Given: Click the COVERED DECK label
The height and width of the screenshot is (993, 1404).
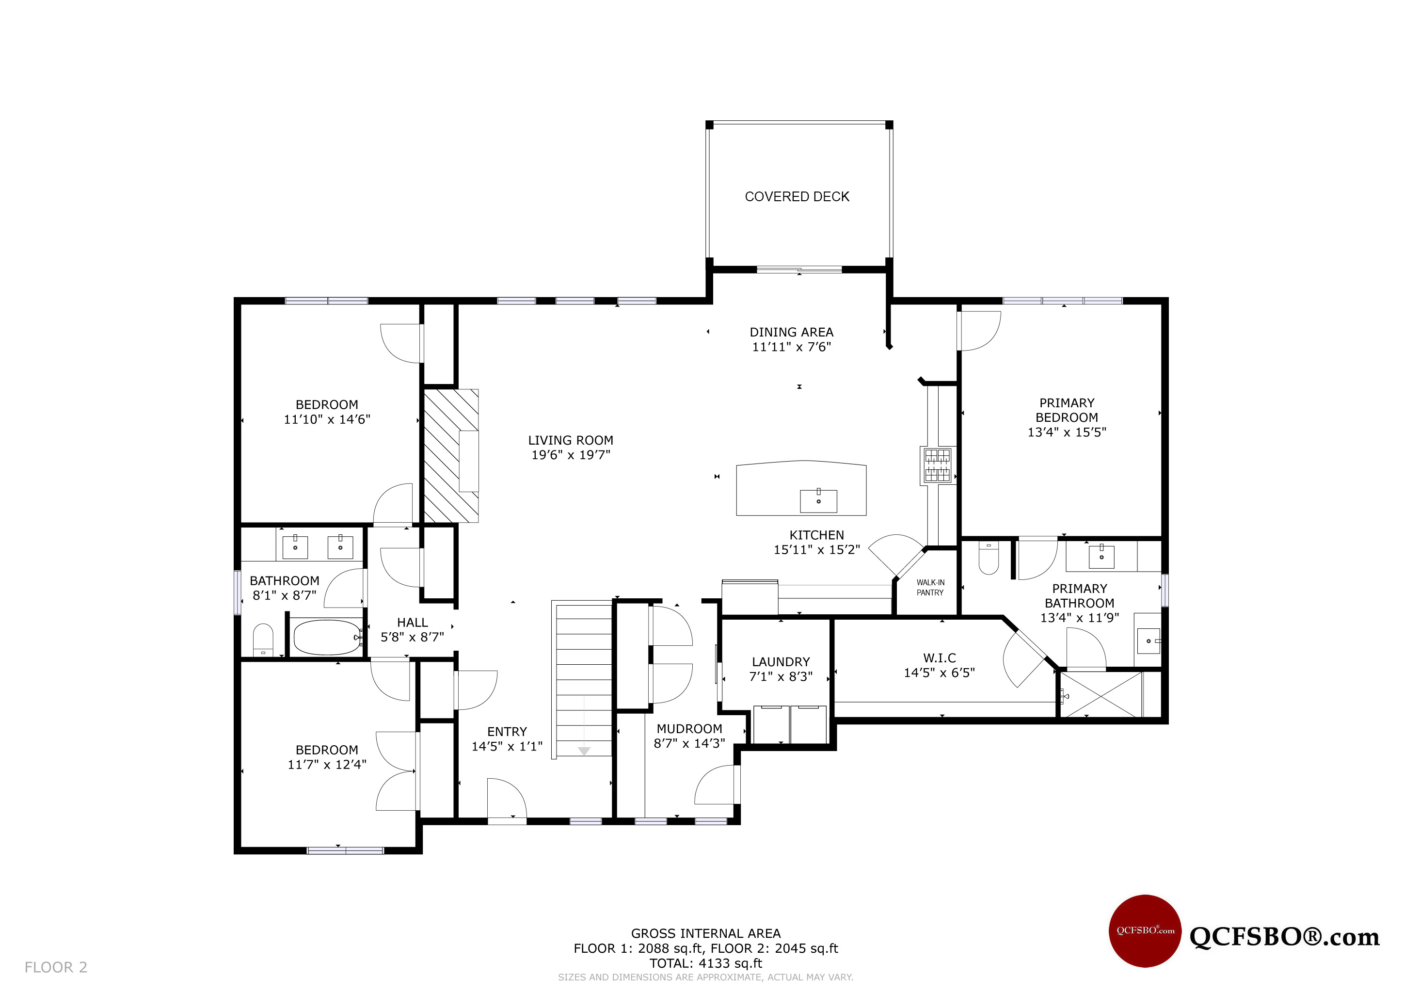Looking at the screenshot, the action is (797, 197).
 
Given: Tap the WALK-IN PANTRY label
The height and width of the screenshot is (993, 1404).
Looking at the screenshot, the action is (930, 588).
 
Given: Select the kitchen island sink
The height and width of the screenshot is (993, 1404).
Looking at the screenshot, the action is (818, 501).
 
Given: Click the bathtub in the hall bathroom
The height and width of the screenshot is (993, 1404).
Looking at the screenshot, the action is (328, 637).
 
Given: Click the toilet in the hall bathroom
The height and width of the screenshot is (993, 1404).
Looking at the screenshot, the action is (263, 640).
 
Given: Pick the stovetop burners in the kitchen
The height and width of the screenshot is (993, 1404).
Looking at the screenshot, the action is (937, 466).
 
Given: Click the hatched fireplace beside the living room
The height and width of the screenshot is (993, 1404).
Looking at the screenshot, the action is (451, 456).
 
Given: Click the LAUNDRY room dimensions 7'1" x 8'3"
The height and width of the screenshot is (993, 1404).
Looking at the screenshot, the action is (781, 677).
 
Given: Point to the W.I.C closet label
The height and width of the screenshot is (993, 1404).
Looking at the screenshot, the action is (939, 658).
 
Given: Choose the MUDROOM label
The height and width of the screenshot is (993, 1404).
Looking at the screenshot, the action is (689, 729).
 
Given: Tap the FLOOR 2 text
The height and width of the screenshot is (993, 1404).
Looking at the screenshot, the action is (56, 967).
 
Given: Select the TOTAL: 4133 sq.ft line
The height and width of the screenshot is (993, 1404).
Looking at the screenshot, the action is (706, 963).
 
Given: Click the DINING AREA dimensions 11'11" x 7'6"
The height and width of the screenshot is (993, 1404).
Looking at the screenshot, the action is (791, 347).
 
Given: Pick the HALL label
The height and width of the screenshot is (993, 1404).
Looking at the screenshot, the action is (412, 623).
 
